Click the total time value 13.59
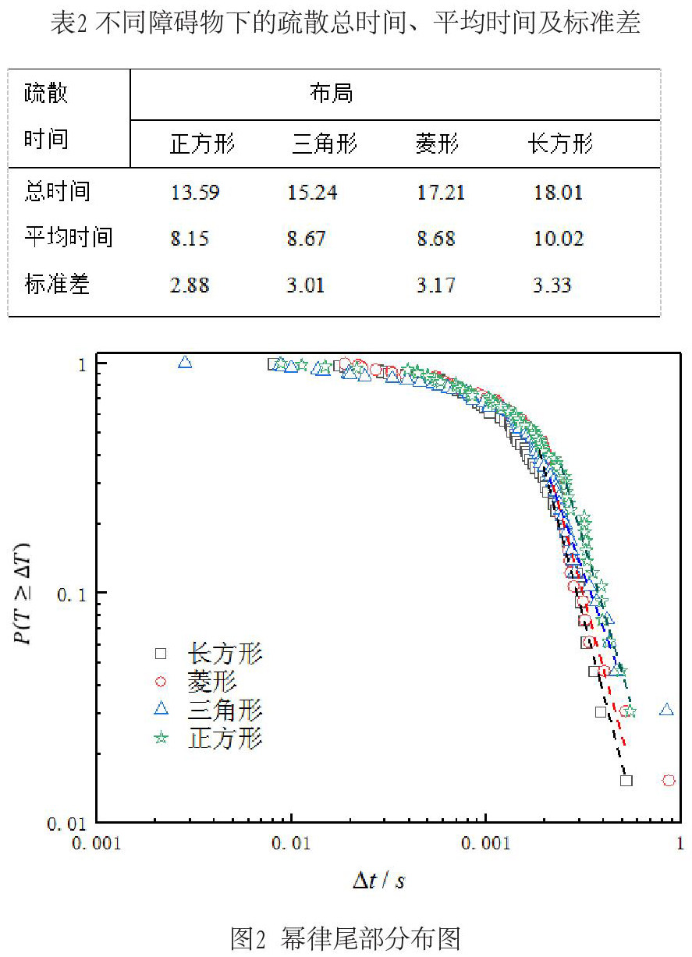[x=195, y=192]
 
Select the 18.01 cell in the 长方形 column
[x=559, y=192]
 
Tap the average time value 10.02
[x=559, y=239]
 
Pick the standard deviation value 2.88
[x=190, y=285]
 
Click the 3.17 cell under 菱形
[x=436, y=285]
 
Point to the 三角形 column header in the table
[x=325, y=144]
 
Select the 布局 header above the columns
[x=332, y=93]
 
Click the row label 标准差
[x=57, y=284]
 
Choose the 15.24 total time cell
[x=312, y=192]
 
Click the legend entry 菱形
[x=212, y=682]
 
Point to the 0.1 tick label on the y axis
[x=71, y=594]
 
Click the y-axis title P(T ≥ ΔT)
[x=22, y=594]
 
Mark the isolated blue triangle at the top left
[x=185, y=362]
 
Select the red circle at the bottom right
[x=669, y=781]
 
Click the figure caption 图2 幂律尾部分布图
[x=346, y=939]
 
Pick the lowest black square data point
[x=626, y=781]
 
